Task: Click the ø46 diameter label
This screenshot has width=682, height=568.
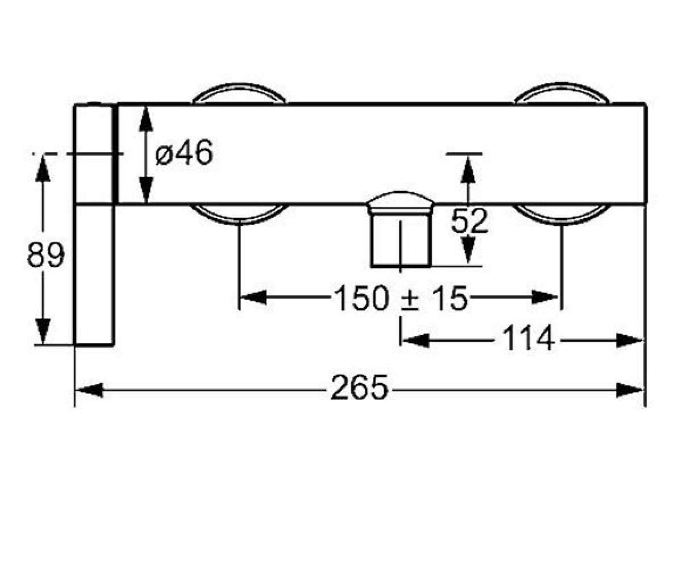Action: [184, 152]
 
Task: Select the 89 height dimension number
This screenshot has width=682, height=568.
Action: [45, 255]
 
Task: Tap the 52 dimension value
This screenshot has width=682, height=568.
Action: [469, 221]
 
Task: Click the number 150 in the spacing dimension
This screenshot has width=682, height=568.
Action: [362, 298]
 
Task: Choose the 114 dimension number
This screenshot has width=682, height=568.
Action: [529, 338]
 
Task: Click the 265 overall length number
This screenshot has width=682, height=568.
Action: [359, 387]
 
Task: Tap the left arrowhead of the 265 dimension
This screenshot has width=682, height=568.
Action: [89, 390]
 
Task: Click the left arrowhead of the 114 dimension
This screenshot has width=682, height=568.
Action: [416, 341]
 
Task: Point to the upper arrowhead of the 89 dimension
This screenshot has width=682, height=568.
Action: [43, 169]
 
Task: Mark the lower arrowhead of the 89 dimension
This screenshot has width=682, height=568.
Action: [43, 331]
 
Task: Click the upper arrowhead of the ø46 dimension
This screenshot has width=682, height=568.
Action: [145, 119]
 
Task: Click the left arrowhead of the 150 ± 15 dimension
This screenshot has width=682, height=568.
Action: [253, 298]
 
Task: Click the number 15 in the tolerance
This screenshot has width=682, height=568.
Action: [451, 298]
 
